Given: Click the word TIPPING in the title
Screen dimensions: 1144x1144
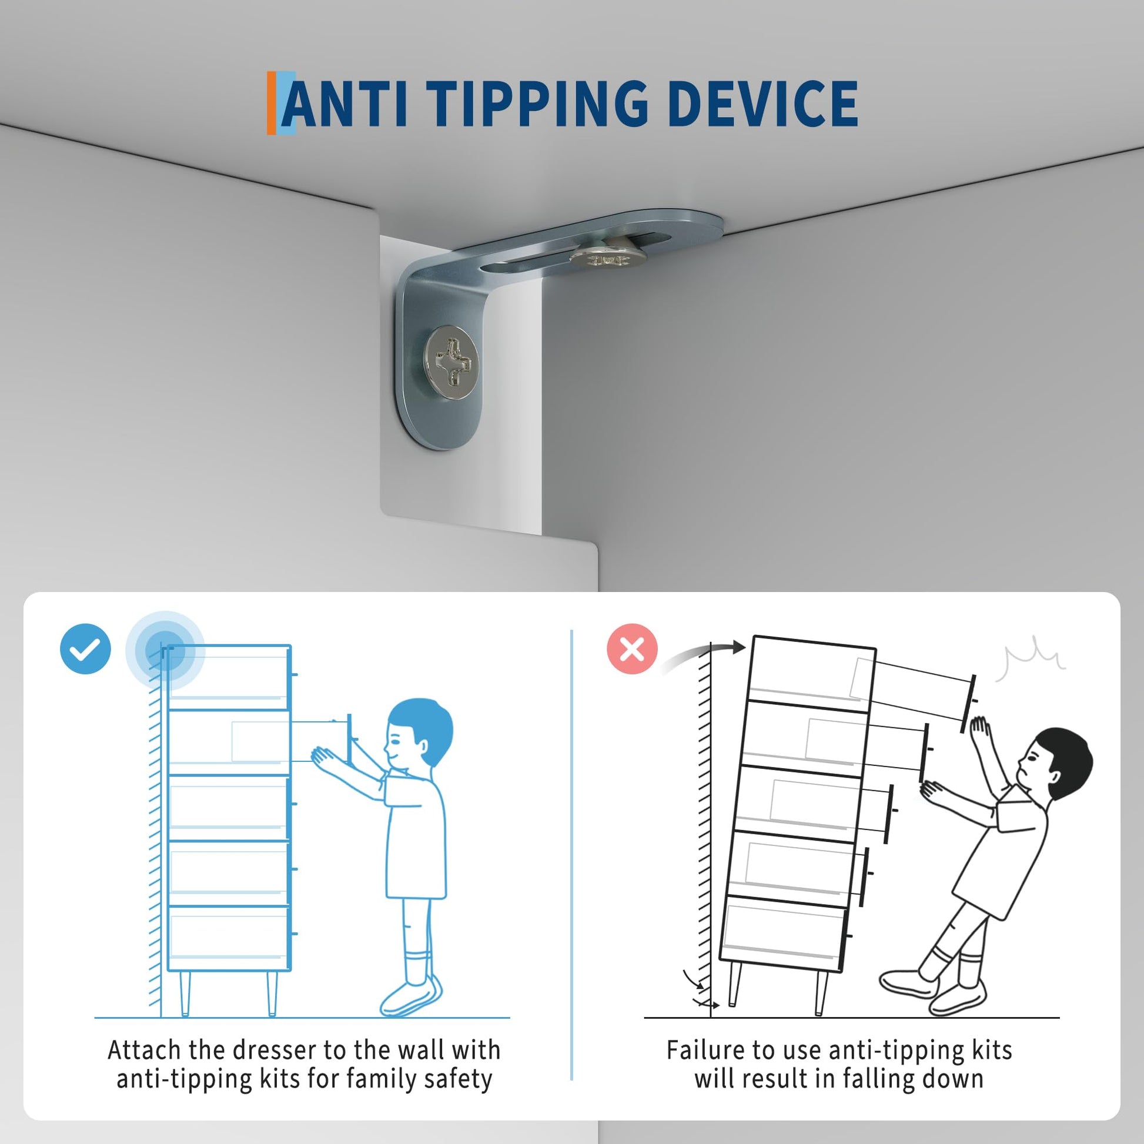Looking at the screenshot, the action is (538, 104).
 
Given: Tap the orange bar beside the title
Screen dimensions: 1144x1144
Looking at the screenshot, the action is (271, 103).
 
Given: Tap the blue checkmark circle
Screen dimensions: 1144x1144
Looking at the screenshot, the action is (85, 649).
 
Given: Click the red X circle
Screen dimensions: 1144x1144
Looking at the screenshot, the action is (633, 649).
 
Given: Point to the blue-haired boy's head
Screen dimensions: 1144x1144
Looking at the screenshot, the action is (419, 734).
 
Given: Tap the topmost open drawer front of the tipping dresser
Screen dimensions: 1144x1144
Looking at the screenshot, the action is (969, 704).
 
